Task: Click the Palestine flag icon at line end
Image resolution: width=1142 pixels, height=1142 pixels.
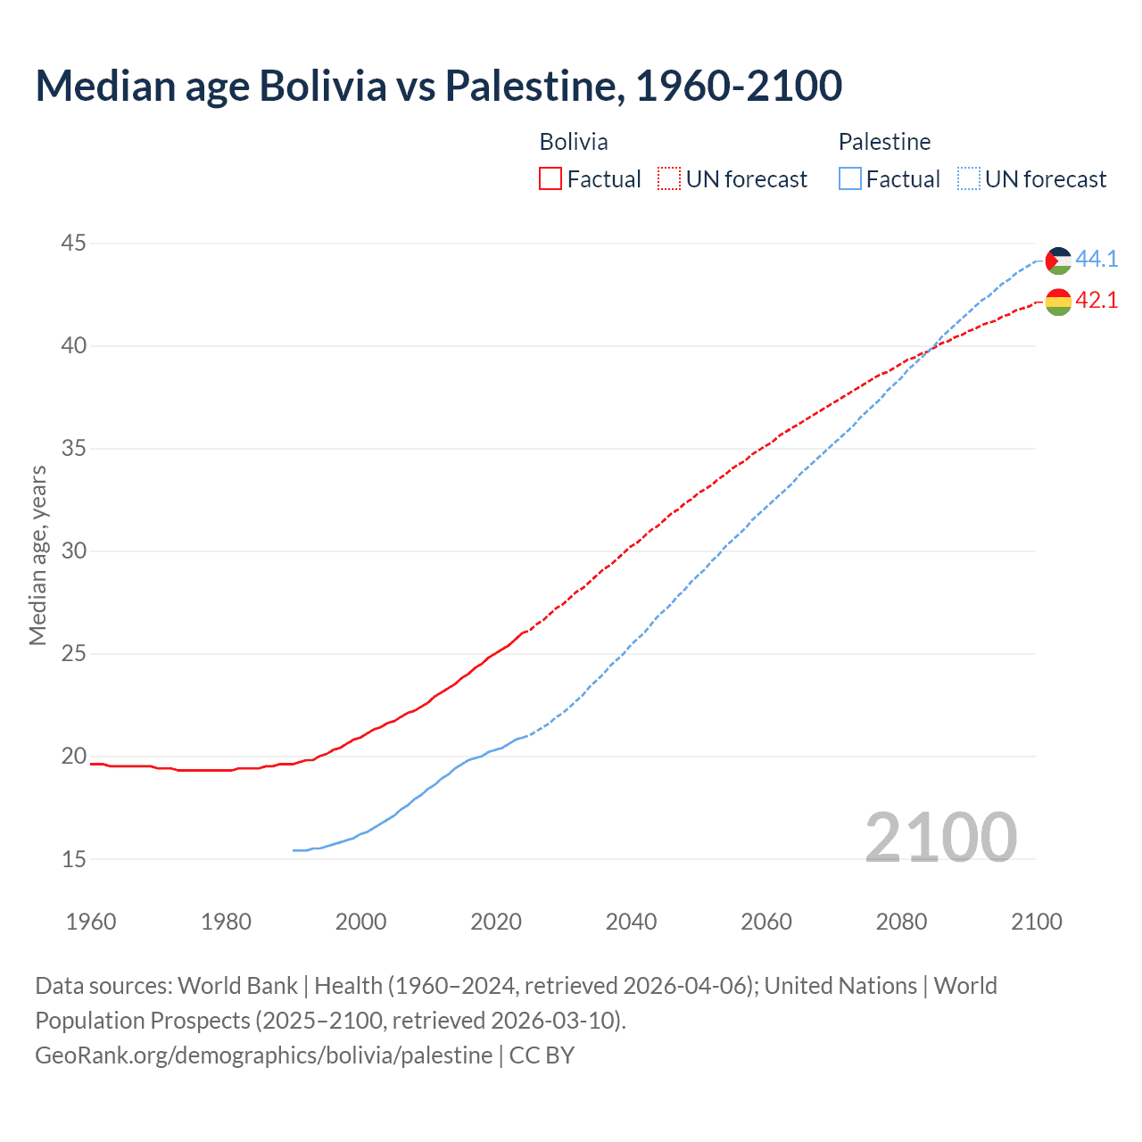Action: tap(1058, 261)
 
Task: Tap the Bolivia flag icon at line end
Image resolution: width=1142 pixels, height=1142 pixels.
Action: tap(1058, 302)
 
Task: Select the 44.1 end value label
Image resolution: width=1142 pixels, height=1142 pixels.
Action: tap(1096, 259)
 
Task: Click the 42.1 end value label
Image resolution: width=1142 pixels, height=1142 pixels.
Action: tap(1096, 301)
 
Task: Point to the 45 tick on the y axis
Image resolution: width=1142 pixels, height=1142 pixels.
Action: tap(74, 243)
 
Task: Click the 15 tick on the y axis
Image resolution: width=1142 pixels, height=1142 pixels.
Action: tap(74, 859)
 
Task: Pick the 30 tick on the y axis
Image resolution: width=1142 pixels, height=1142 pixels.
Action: tap(74, 550)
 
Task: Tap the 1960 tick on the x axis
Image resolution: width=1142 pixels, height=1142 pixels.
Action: tap(91, 922)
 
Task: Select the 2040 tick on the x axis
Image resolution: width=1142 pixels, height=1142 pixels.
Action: tap(631, 922)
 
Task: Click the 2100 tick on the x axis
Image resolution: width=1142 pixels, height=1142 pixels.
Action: tap(1036, 922)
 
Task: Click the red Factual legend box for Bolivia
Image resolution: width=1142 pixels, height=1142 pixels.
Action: tap(550, 179)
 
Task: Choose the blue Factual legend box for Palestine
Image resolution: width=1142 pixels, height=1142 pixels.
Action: tap(850, 179)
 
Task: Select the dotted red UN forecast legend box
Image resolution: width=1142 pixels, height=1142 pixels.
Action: tap(669, 179)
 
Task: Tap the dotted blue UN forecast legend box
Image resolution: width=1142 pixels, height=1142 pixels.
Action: tap(969, 179)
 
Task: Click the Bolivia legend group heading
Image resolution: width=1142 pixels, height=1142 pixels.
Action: tap(574, 142)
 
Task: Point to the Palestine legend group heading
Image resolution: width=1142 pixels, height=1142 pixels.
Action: tap(884, 142)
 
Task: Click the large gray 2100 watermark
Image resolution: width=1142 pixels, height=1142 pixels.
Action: tap(940, 837)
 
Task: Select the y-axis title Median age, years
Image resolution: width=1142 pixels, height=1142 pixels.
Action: tap(37, 555)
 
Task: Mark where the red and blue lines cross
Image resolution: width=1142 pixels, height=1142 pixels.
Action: tap(927, 352)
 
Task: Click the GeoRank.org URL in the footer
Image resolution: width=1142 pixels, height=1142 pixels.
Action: tap(263, 1055)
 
